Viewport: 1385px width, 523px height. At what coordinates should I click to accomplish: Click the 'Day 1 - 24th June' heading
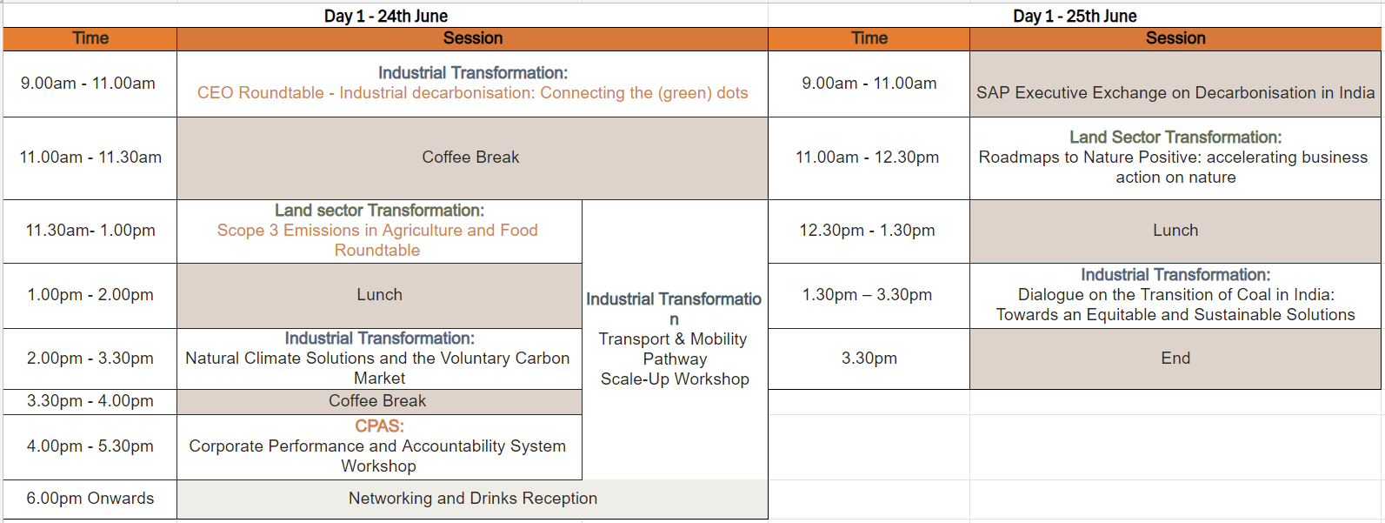tap(386, 16)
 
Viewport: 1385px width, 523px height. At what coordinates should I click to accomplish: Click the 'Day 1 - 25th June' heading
tap(1075, 16)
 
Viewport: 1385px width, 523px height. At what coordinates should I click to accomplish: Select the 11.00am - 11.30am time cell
tap(90, 158)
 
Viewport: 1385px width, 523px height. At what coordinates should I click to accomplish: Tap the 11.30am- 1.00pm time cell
tap(90, 231)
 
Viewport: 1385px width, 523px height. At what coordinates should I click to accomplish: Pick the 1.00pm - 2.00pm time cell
tap(90, 295)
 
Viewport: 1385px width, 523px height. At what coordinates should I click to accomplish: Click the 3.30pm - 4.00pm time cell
tap(90, 401)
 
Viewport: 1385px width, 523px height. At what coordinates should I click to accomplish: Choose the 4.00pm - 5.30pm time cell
tap(90, 446)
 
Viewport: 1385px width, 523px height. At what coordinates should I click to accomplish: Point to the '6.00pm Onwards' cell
tap(90, 499)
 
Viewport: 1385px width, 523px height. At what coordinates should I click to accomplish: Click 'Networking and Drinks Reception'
tap(473, 499)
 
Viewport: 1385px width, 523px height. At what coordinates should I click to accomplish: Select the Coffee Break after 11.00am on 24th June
tap(472, 158)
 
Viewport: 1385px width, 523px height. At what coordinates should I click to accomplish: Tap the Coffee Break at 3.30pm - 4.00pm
tap(379, 402)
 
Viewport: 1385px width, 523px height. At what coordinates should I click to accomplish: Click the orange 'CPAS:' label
tap(379, 426)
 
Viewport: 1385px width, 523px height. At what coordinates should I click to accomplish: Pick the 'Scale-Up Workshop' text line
tap(675, 379)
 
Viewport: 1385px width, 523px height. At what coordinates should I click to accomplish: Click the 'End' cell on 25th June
tap(1175, 359)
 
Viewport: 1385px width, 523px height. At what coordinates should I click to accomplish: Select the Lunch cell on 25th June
tap(1175, 231)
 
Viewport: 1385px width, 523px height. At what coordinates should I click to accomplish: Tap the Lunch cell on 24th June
tap(379, 295)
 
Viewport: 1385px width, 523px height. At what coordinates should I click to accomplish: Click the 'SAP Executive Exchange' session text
tap(1175, 93)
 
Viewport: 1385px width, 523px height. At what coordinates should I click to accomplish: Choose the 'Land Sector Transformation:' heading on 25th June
tap(1175, 137)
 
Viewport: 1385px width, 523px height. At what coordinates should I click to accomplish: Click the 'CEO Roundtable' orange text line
tap(472, 93)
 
